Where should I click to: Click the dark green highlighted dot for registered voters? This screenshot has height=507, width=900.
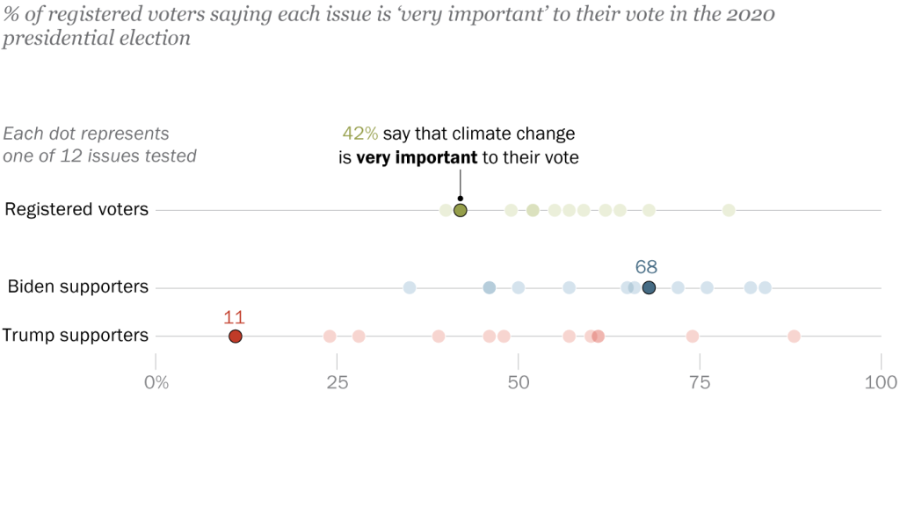click(x=460, y=210)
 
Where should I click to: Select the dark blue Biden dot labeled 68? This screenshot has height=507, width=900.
click(x=649, y=287)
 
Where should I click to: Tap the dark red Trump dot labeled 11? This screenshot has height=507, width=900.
click(x=235, y=336)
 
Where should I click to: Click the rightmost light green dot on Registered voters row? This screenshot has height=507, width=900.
click(x=729, y=210)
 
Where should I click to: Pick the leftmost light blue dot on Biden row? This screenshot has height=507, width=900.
click(x=410, y=287)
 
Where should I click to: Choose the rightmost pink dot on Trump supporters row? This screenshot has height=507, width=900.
click(x=794, y=336)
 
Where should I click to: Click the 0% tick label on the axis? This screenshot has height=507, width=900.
click(x=156, y=382)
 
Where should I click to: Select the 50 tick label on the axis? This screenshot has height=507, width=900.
click(x=519, y=382)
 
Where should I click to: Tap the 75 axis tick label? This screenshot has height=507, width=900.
click(x=700, y=382)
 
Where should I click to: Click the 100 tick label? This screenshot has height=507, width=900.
click(x=881, y=382)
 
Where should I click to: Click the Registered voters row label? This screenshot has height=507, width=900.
click(x=76, y=209)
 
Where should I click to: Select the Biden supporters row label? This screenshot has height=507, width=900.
click(x=78, y=286)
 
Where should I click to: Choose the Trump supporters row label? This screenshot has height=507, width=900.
click(x=76, y=335)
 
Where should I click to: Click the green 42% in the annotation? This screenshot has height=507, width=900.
click(x=360, y=134)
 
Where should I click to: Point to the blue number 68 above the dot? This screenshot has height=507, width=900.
click(x=646, y=267)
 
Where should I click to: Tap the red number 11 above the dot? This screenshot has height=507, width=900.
click(x=235, y=316)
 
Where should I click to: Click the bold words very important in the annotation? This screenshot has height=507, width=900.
click(x=417, y=157)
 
